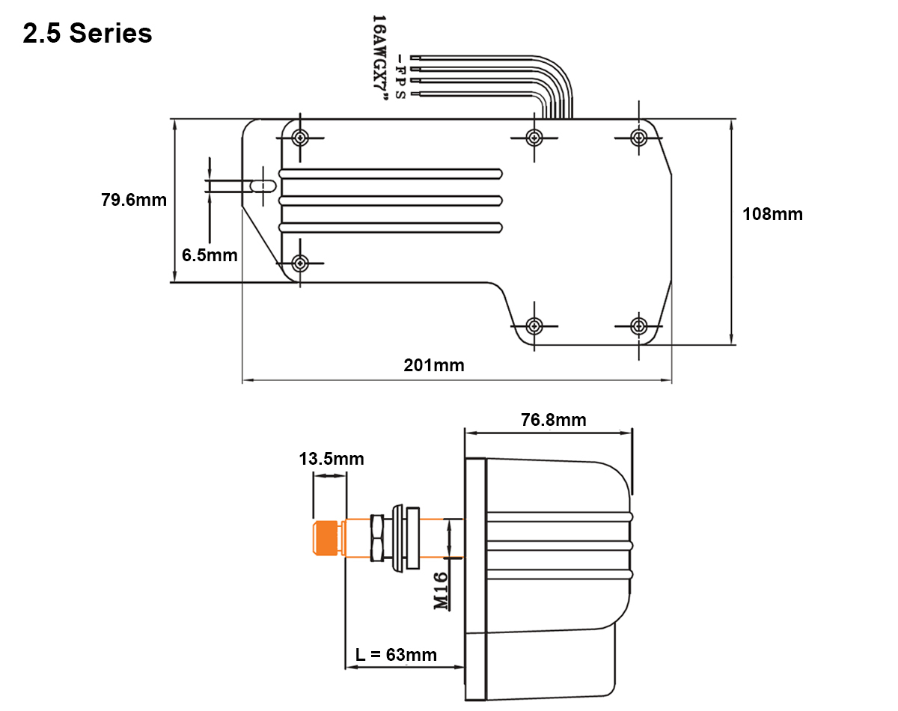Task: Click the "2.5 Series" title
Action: coord(88,33)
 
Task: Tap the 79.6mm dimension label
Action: coord(133,200)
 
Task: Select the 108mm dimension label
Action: coord(772,214)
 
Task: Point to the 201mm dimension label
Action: coord(433,365)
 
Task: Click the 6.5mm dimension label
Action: coord(210,255)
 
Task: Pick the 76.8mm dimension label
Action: coord(553,420)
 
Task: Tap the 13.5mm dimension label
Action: coord(332,459)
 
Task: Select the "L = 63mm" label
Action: coord(396,655)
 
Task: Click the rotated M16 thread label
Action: coord(441,591)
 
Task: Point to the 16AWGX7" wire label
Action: coord(379,58)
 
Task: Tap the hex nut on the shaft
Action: coord(378,537)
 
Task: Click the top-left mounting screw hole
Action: coord(300,138)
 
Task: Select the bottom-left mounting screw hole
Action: coord(300,263)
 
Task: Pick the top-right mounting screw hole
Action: coord(638,138)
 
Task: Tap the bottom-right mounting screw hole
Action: coord(638,326)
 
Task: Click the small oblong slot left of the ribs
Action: coord(263,186)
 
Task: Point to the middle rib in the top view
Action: coord(391,201)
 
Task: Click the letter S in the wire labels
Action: coord(400,95)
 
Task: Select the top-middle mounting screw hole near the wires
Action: coord(534,138)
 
